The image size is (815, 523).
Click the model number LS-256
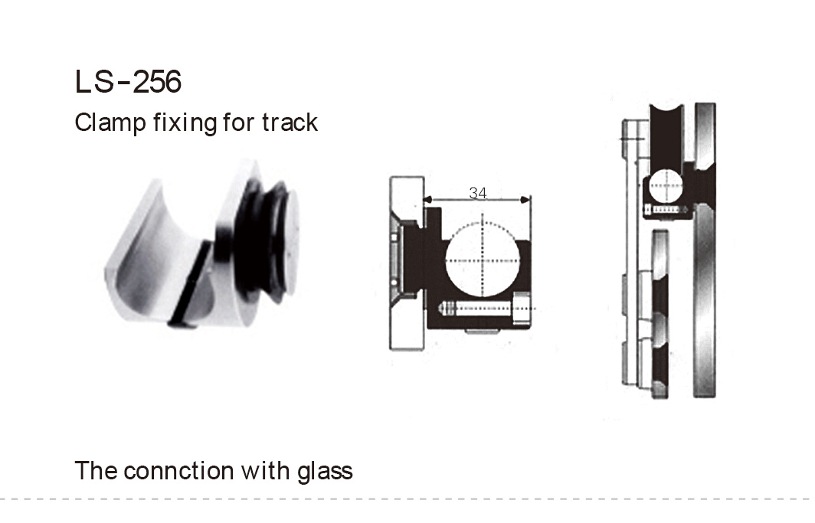[x=128, y=82]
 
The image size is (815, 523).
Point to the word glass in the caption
[x=325, y=469]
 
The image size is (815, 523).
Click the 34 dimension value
[x=477, y=194]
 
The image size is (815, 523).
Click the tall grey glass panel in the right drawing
[x=704, y=253]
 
